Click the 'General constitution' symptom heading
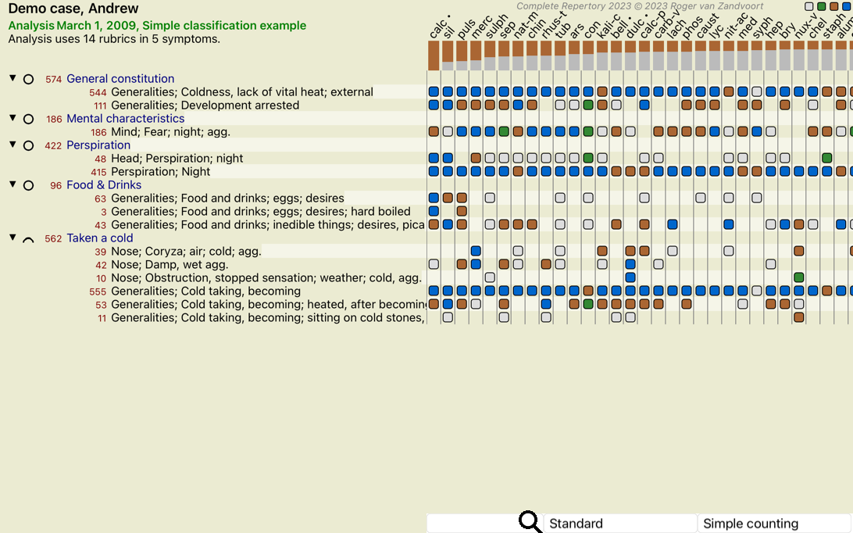(x=120, y=78)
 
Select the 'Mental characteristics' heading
(x=125, y=118)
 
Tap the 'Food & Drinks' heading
(x=104, y=185)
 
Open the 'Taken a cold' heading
(x=99, y=238)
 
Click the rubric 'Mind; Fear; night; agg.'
(x=170, y=132)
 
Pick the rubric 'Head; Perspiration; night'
(x=177, y=159)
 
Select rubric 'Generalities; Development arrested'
(x=205, y=105)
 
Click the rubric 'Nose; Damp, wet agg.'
(x=170, y=265)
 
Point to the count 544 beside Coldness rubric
(x=98, y=92)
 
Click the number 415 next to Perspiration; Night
(x=98, y=172)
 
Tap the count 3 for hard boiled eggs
(x=103, y=212)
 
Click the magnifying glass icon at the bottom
(x=530, y=521)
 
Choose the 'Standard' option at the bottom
(x=576, y=523)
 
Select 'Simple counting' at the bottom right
(x=751, y=523)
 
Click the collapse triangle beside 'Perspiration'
(x=12, y=145)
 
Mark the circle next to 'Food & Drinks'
(x=28, y=186)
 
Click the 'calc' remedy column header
(x=437, y=28)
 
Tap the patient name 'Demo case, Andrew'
(x=73, y=8)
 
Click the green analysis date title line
(x=157, y=26)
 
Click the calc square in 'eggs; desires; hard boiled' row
(x=434, y=211)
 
